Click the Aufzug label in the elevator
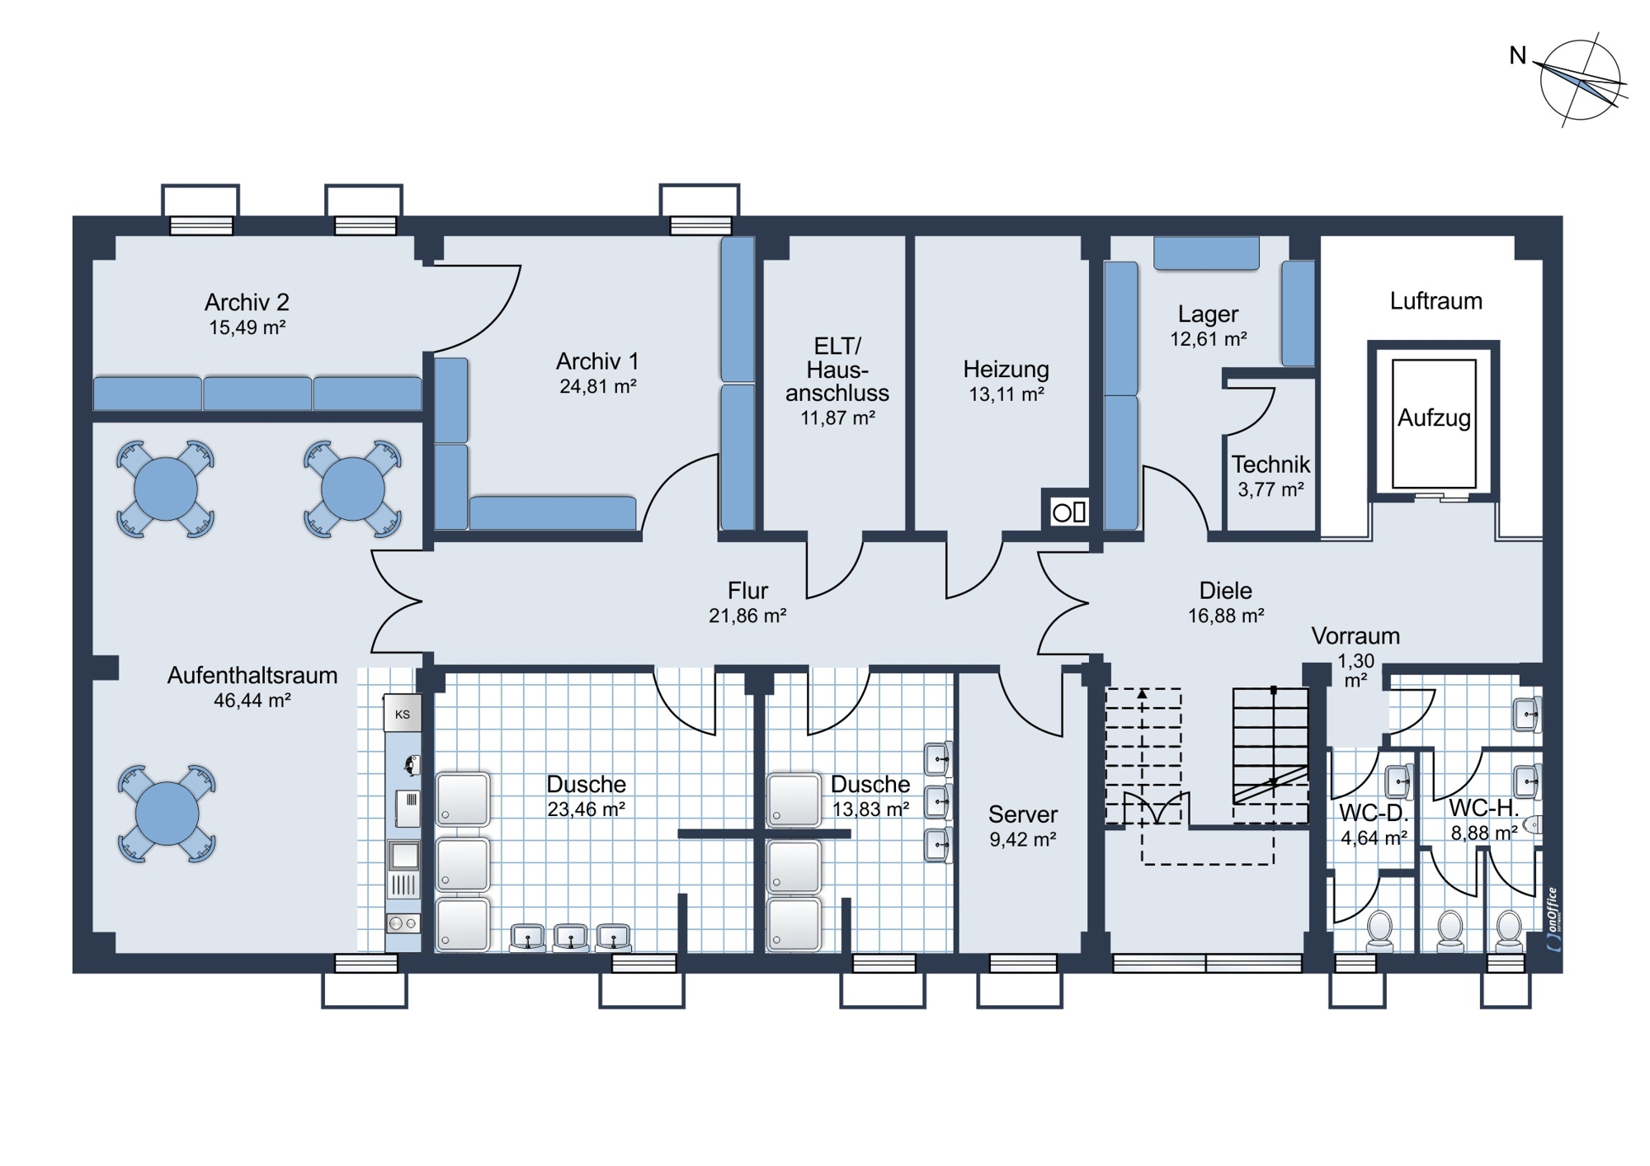(x=1434, y=418)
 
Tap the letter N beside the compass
(x=1518, y=55)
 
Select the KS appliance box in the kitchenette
(x=403, y=714)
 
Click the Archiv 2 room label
(x=247, y=302)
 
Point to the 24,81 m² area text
(x=597, y=386)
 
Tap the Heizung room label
(x=1006, y=369)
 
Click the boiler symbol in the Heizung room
(x=1069, y=512)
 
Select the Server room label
(x=1023, y=814)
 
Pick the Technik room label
(x=1270, y=464)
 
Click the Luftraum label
(x=1435, y=300)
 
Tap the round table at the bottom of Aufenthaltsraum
(x=167, y=814)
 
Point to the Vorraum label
(x=1355, y=636)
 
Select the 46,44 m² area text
(x=252, y=701)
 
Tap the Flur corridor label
(x=747, y=591)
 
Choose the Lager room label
(x=1208, y=314)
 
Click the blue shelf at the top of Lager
(x=1206, y=253)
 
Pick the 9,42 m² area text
(x=1023, y=840)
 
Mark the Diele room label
(x=1225, y=591)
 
